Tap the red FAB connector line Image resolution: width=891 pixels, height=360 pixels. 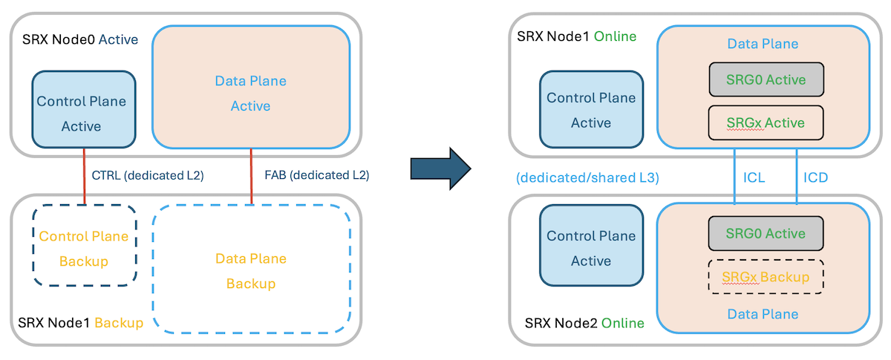tap(252, 175)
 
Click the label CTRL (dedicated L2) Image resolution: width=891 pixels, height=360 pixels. tap(147, 176)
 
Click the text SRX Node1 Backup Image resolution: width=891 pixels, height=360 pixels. tap(80, 324)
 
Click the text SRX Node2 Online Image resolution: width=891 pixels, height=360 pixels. tap(584, 324)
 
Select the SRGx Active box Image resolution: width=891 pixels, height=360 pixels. tap(766, 122)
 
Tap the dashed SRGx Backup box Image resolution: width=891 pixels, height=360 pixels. tap(766, 277)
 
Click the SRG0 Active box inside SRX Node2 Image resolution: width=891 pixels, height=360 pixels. tap(766, 234)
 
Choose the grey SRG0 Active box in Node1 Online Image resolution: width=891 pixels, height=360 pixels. tap(766, 79)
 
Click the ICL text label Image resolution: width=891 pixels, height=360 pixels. tap(755, 178)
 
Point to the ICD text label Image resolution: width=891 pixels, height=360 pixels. tap(817, 178)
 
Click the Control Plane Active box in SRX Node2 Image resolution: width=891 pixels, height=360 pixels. tap(591, 249)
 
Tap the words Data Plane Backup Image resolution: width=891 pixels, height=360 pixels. tap(251, 271)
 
